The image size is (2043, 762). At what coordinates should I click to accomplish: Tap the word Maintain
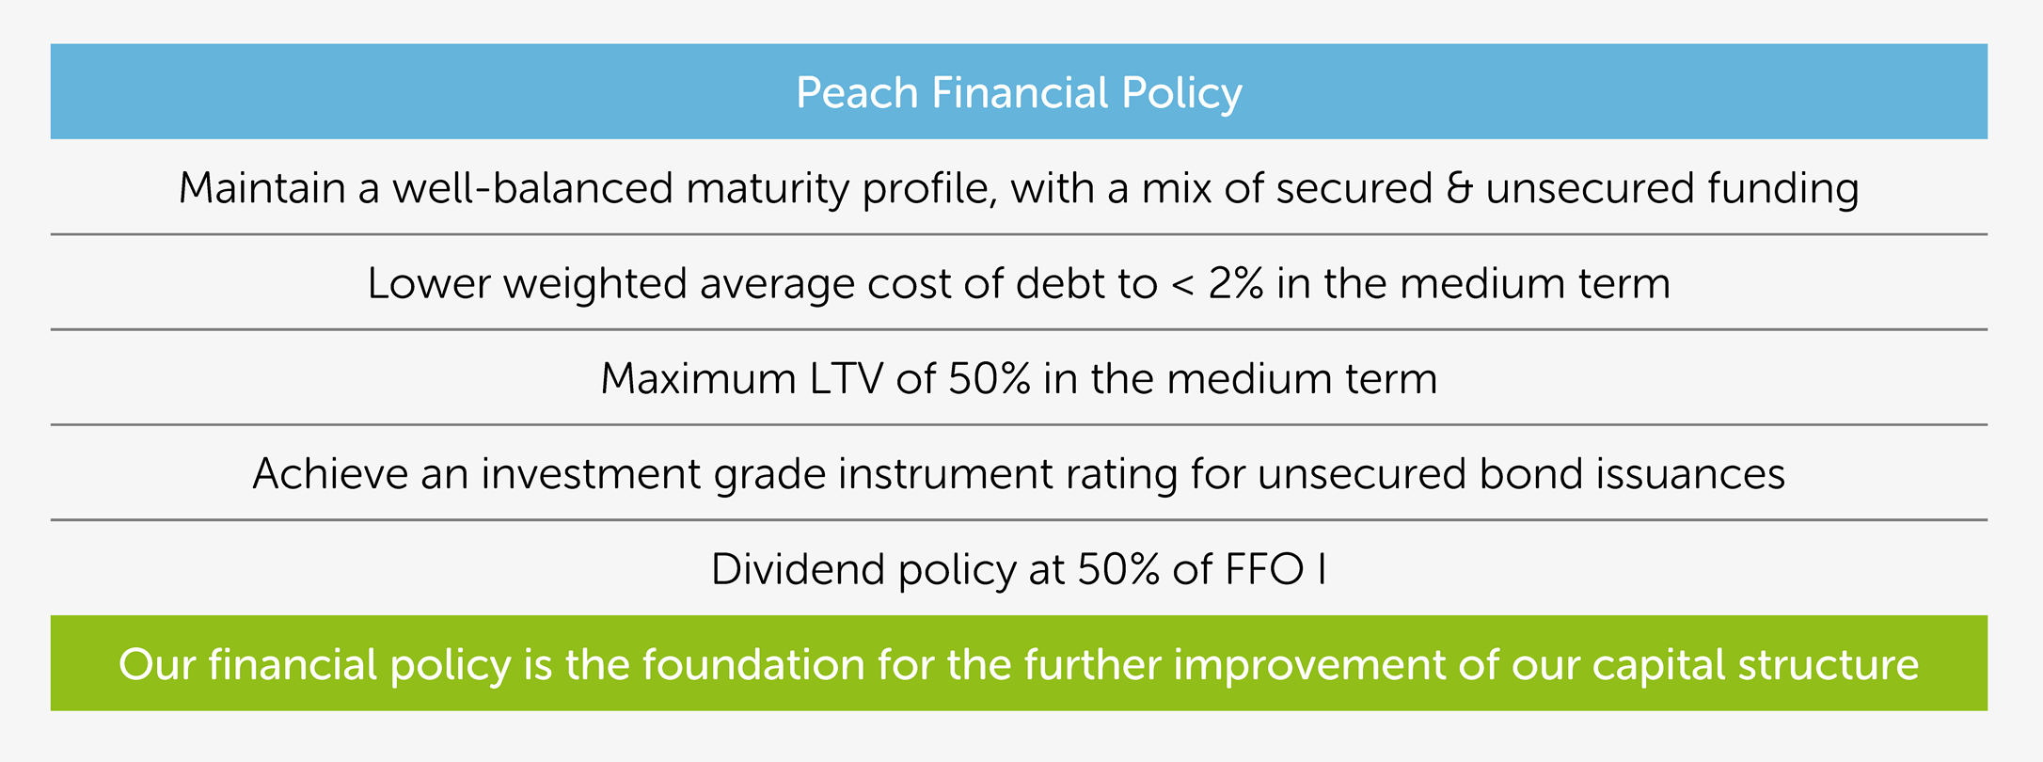click(262, 187)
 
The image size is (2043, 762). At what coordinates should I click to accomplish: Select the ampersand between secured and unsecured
click(1459, 188)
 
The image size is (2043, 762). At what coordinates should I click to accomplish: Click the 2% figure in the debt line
click(1236, 283)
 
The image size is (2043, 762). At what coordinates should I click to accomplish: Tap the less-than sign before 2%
click(1182, 285)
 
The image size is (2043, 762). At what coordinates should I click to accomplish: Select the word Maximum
click(699, 378)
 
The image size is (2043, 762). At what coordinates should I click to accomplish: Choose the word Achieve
click(330, 473)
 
